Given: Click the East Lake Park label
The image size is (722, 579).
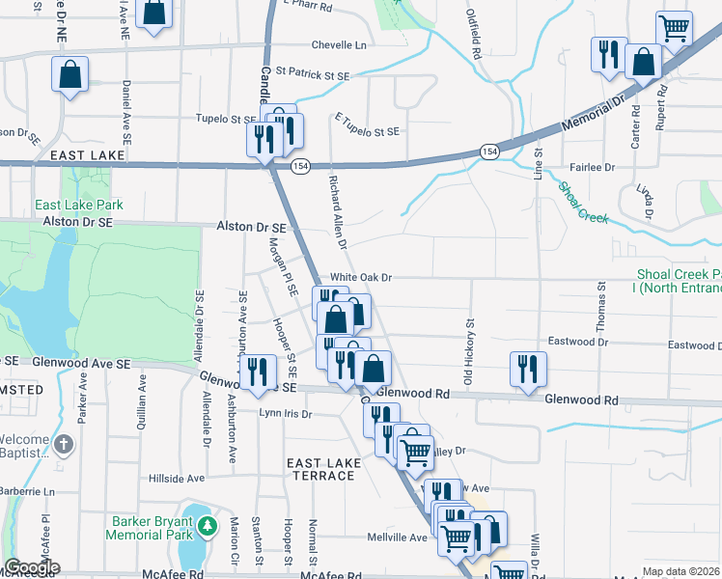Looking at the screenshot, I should coord(79,205).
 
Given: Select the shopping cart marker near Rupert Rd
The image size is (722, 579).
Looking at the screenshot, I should coord(674,27).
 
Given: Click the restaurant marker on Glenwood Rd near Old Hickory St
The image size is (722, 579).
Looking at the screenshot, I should coord(528,369).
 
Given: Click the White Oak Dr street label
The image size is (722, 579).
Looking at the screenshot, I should coord(361,277).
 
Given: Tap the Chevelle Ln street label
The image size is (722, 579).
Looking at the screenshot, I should coord(339,45).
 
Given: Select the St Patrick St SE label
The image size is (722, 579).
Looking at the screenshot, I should coord(311,71).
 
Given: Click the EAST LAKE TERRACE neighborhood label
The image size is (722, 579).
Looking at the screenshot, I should coord(322,470).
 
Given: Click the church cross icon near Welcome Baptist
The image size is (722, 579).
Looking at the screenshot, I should coord(64,445).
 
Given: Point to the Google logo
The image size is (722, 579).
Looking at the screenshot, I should coord(31,567).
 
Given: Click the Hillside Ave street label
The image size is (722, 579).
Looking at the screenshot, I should coord(177,478).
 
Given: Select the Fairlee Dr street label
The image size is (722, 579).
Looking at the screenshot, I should coord(593,167).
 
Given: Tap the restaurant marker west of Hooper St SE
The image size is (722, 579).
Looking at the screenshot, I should coord(256,372).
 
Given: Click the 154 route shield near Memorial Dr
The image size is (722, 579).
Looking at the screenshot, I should coord(490,152).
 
